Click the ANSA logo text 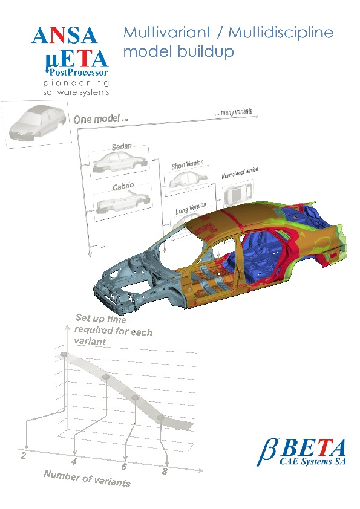(64, 36)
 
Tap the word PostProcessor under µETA (79, 72)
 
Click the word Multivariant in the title (168, 33)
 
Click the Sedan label (122, 147)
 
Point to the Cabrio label (123, 187)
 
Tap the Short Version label (188, 164)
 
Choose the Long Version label (191, 208)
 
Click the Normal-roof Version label (240, 173)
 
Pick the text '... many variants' (234, 112)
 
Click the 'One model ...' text (100, 119)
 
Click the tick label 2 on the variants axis (24, 455)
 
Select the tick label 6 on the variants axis (124, 467)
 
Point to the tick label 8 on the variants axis (165, 471)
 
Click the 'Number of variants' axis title (87, 479)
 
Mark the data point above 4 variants (106, 377)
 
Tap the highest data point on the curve (64, 354)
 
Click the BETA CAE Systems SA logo (301, 452)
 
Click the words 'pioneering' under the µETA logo (76, 83)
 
